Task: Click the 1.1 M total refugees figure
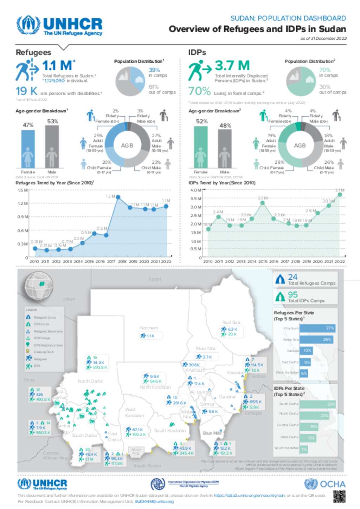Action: (57, 66)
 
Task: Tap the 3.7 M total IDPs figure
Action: (232, 66)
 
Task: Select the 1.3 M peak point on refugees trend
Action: (118, 197)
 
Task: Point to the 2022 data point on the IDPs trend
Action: (340, 195)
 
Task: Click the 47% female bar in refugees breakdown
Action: (28, 149)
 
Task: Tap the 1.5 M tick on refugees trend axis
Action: (22, 190)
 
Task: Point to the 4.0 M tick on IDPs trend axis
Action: (195, 190)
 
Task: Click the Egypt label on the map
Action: (155, 279)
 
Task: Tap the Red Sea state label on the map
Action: (231, 322)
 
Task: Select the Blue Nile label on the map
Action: (212, 433)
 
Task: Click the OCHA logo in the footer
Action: (325, 484)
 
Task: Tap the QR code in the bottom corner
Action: (339, 496)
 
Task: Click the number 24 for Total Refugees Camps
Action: (292, 277)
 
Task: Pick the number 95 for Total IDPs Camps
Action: (292, 294)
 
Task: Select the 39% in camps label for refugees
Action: (154, 70)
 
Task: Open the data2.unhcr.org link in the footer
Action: (249, 495)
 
